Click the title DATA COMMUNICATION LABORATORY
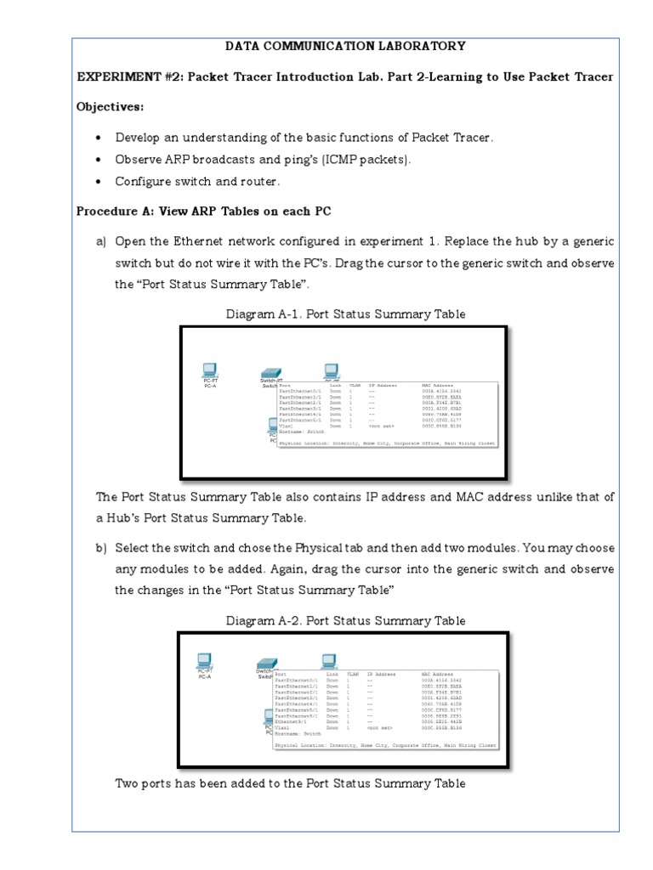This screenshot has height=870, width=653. tap(344, 46)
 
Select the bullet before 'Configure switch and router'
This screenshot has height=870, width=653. tap(100, 182)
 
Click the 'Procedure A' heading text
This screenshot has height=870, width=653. tap(203, 211)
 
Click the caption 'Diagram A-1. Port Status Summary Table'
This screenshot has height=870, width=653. tap(345, 314)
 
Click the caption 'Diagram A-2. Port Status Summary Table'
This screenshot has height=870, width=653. tap(345, 620)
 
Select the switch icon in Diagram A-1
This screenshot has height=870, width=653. tap(272, 372)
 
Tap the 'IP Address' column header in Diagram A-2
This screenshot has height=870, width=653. tap(381, 675)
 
